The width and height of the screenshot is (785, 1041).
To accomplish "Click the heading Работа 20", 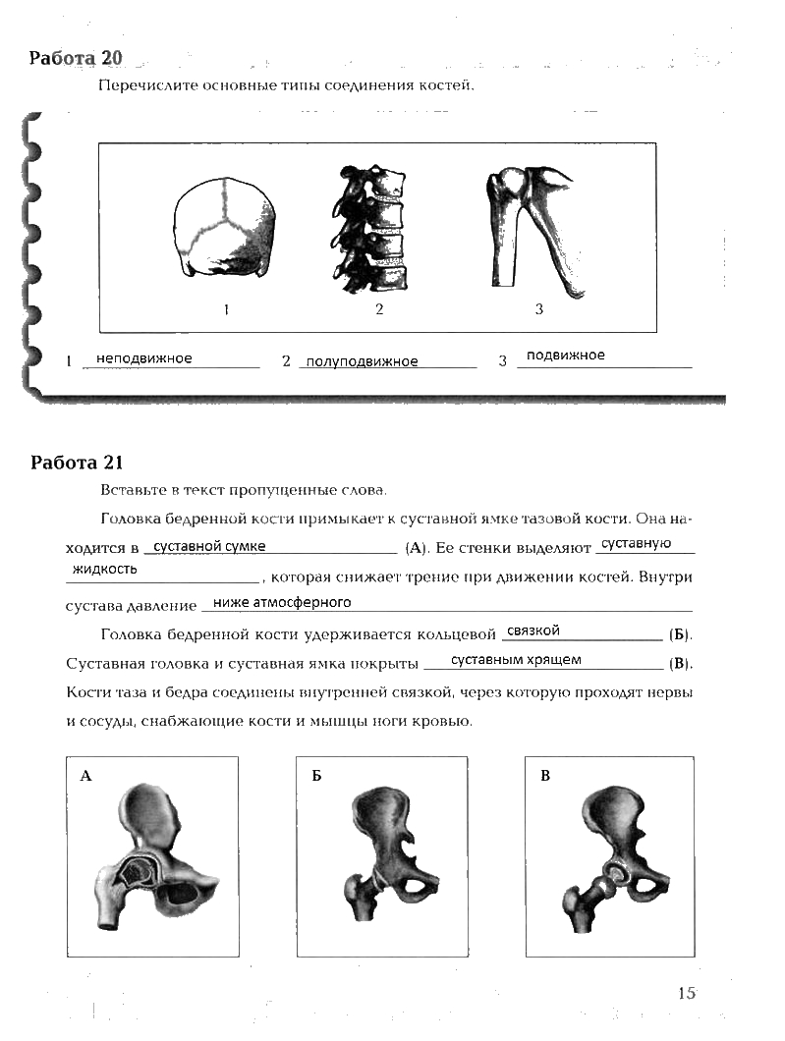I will [x=76, y=58].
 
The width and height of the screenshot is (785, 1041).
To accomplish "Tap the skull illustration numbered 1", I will [x=226, y=232].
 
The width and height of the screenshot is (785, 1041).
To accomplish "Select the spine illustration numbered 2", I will [x=374, y=232].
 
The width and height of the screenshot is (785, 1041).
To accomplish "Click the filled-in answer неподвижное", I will [x=143, y=358].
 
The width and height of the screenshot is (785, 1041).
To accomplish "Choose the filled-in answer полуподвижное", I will [x=362, y=361].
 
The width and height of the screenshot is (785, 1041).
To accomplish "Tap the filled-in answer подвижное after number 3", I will [x=565, y=356].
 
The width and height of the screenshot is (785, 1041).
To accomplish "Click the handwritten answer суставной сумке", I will [x=209, y=547].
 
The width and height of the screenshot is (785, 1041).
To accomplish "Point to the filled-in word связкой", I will [x=533, y=630].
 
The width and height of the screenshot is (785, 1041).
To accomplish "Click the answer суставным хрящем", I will [x=516, y=660].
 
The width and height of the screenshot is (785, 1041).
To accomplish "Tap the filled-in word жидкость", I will [x=105, y=570].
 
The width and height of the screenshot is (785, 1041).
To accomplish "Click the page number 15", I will [x=686, y=993].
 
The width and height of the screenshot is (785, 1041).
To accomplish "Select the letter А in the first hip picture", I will [x=85, y=777].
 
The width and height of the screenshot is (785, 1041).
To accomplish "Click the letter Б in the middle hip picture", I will [x=316, y=777].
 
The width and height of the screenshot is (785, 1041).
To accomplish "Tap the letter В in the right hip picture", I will [x=545, y=777].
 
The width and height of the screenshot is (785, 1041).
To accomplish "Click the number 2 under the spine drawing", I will [x=378, y=310].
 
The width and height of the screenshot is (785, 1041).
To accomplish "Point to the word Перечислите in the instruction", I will [x=139, y=85].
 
